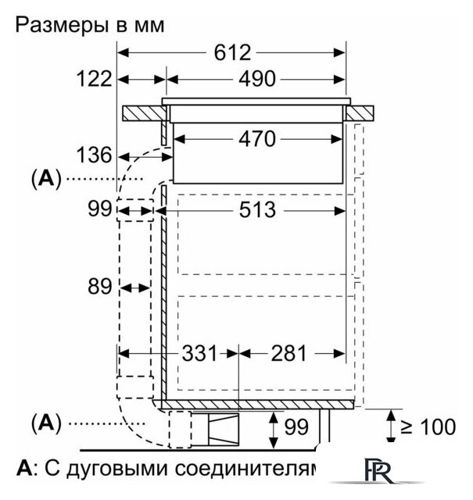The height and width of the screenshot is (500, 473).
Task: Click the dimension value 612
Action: tap(232, 52)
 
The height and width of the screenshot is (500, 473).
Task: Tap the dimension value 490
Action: tap(257, 79)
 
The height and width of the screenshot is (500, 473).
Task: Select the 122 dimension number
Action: tap(95, 79)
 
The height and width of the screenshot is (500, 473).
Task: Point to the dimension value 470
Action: tap(257, 139)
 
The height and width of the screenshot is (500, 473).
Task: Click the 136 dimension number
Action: tap(95, 155)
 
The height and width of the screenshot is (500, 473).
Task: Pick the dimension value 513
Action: tap(257, 210)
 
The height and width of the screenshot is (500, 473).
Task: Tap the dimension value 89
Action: tap(100, 287)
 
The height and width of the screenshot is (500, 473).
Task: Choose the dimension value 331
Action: tap(199, 353)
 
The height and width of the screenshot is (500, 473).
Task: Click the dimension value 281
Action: tap(288, 353)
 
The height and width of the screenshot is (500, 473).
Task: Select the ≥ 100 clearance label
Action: tap(428, 427)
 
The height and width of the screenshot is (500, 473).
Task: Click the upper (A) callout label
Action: tap(46, 179)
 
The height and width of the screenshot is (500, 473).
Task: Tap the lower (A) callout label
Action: tap(46, 423)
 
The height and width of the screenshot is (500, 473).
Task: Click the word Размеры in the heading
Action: tap(62, 26)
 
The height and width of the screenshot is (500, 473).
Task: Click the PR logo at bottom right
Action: tap(378, 470)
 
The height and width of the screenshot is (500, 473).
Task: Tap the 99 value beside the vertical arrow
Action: tap(296, 427)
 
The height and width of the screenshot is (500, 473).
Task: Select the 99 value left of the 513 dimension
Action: tap(100, 209)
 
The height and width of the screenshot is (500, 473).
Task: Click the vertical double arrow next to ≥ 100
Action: tap(391, 427)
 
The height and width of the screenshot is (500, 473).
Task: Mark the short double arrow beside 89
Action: tap(135, 288)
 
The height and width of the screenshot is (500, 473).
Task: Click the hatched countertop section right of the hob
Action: tap(360, 113)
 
